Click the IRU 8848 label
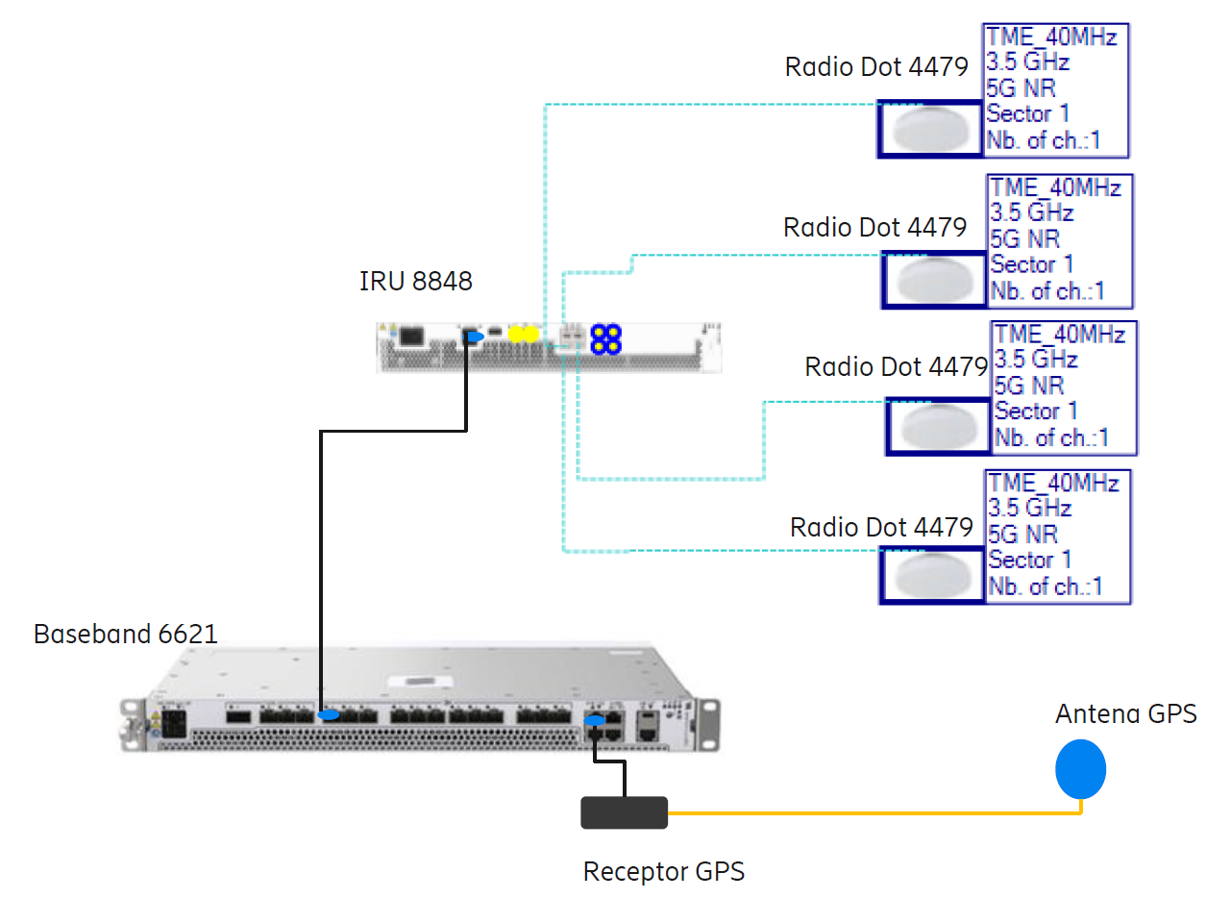[x=415, y=282]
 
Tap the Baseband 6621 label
[x=125, y=635]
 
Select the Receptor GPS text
[x=663, y=872]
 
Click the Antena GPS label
[x=1125, y=714]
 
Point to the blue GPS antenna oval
[x=1081, y=769]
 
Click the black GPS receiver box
[x=624, y=812]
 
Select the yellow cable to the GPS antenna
[x=865, y=813]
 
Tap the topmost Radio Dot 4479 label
[x=875, y=67]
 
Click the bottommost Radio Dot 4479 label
[x=881, y=528]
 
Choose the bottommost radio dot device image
[x=932, y=575]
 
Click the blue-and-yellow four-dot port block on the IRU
[x=605, y=337]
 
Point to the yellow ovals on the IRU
[x=523, y=334]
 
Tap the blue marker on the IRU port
[x=472, y=336]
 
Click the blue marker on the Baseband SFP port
[x=329, y=715]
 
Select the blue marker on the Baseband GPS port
[x=595, y=720]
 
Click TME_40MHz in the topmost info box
[x=1051, y=37]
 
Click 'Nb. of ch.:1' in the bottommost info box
[x=1046, y=586]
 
